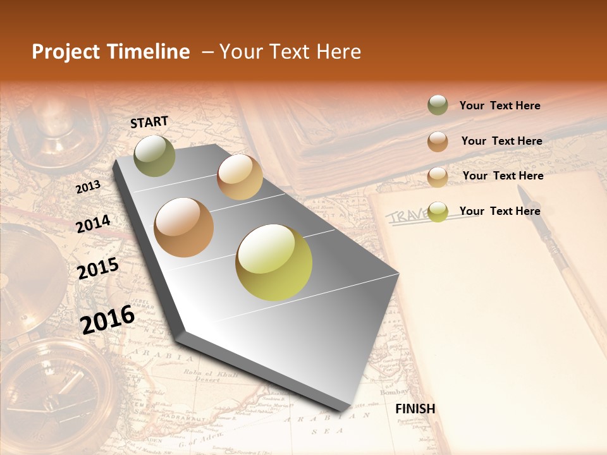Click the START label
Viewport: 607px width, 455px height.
click(149, 122)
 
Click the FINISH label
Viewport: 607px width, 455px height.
click(415, 408)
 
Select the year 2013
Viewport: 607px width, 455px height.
click(88, 187)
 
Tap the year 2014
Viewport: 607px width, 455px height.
click(93, 224)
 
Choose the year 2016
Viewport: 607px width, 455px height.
click(107, 319)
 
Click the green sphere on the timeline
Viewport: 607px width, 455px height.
click(154, 155)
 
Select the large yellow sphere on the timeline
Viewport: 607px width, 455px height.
click(274, 262)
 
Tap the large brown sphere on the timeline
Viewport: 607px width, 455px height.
click(183, 227)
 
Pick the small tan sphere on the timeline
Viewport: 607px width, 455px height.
click(240, 177)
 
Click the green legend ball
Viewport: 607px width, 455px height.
click(438, 106)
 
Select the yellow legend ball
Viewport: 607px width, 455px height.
click(438, 211)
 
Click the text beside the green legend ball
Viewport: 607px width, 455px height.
click(500, 106)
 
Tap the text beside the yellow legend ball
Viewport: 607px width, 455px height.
click(500, 211)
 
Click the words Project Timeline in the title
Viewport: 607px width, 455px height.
click(111, 52)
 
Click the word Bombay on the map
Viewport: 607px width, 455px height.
click(394, 392)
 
